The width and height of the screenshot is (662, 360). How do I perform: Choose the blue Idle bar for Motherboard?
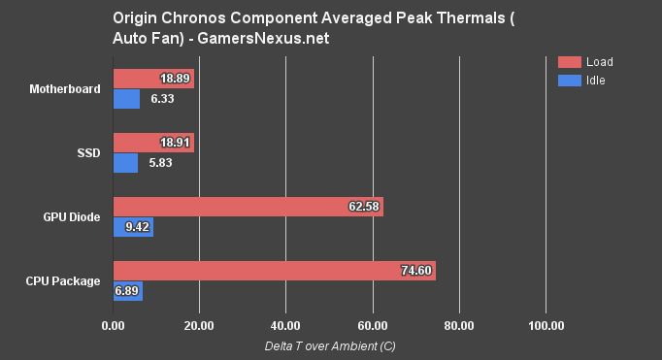pos(126,99)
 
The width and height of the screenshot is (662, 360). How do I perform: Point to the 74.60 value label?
pos(416,272)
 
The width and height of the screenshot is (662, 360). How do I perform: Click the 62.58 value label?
pos(364,207)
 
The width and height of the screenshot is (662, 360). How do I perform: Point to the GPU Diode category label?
pos(72,216)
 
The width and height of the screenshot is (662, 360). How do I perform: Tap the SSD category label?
pos(88,153)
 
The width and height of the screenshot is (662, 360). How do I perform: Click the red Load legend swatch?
pos(569,62)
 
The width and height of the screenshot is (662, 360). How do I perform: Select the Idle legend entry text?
pos(595,80)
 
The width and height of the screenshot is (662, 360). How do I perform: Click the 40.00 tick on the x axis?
pos(285,324)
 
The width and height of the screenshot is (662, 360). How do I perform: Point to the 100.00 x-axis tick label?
pos(545,324)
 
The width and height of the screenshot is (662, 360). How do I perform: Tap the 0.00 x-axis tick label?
pos(114,324)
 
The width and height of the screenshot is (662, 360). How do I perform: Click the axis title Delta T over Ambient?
pos(329,346)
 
